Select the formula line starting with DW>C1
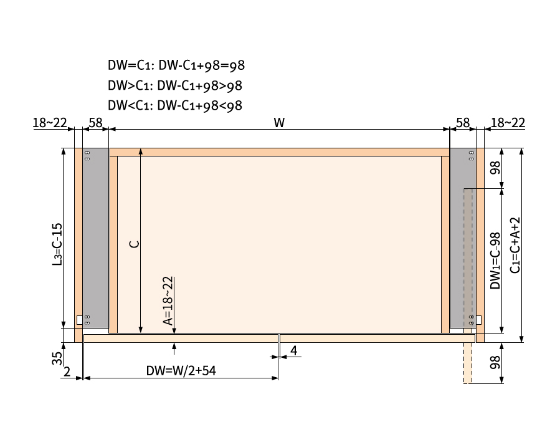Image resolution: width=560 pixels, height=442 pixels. tap(175, 86)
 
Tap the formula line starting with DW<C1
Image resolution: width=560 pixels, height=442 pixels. tap(175, 105)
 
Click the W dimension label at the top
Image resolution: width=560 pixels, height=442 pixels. tap(279, 122)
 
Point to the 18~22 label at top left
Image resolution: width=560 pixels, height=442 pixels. tap(50, 122)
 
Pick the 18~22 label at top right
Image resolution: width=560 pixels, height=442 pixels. tap(508, 122)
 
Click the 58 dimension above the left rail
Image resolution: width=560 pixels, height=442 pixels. tap(95, 122)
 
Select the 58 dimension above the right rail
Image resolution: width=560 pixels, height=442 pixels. tap(463, 122)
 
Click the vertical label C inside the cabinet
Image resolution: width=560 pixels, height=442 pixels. tap(133, 243)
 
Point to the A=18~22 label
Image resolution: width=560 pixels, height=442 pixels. tap(168, 301)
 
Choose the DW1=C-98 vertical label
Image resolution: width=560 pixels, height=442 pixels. tap(495, 261)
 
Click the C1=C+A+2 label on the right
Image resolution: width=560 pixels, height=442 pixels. tap(515, 245)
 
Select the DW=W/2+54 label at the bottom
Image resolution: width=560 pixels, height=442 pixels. tap(181, 370)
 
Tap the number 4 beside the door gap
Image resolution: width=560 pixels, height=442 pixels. tap(293, 351)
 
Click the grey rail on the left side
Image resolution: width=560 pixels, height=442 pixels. tap(95, 237)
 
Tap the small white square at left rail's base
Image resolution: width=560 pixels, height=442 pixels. tap(80, 320)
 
